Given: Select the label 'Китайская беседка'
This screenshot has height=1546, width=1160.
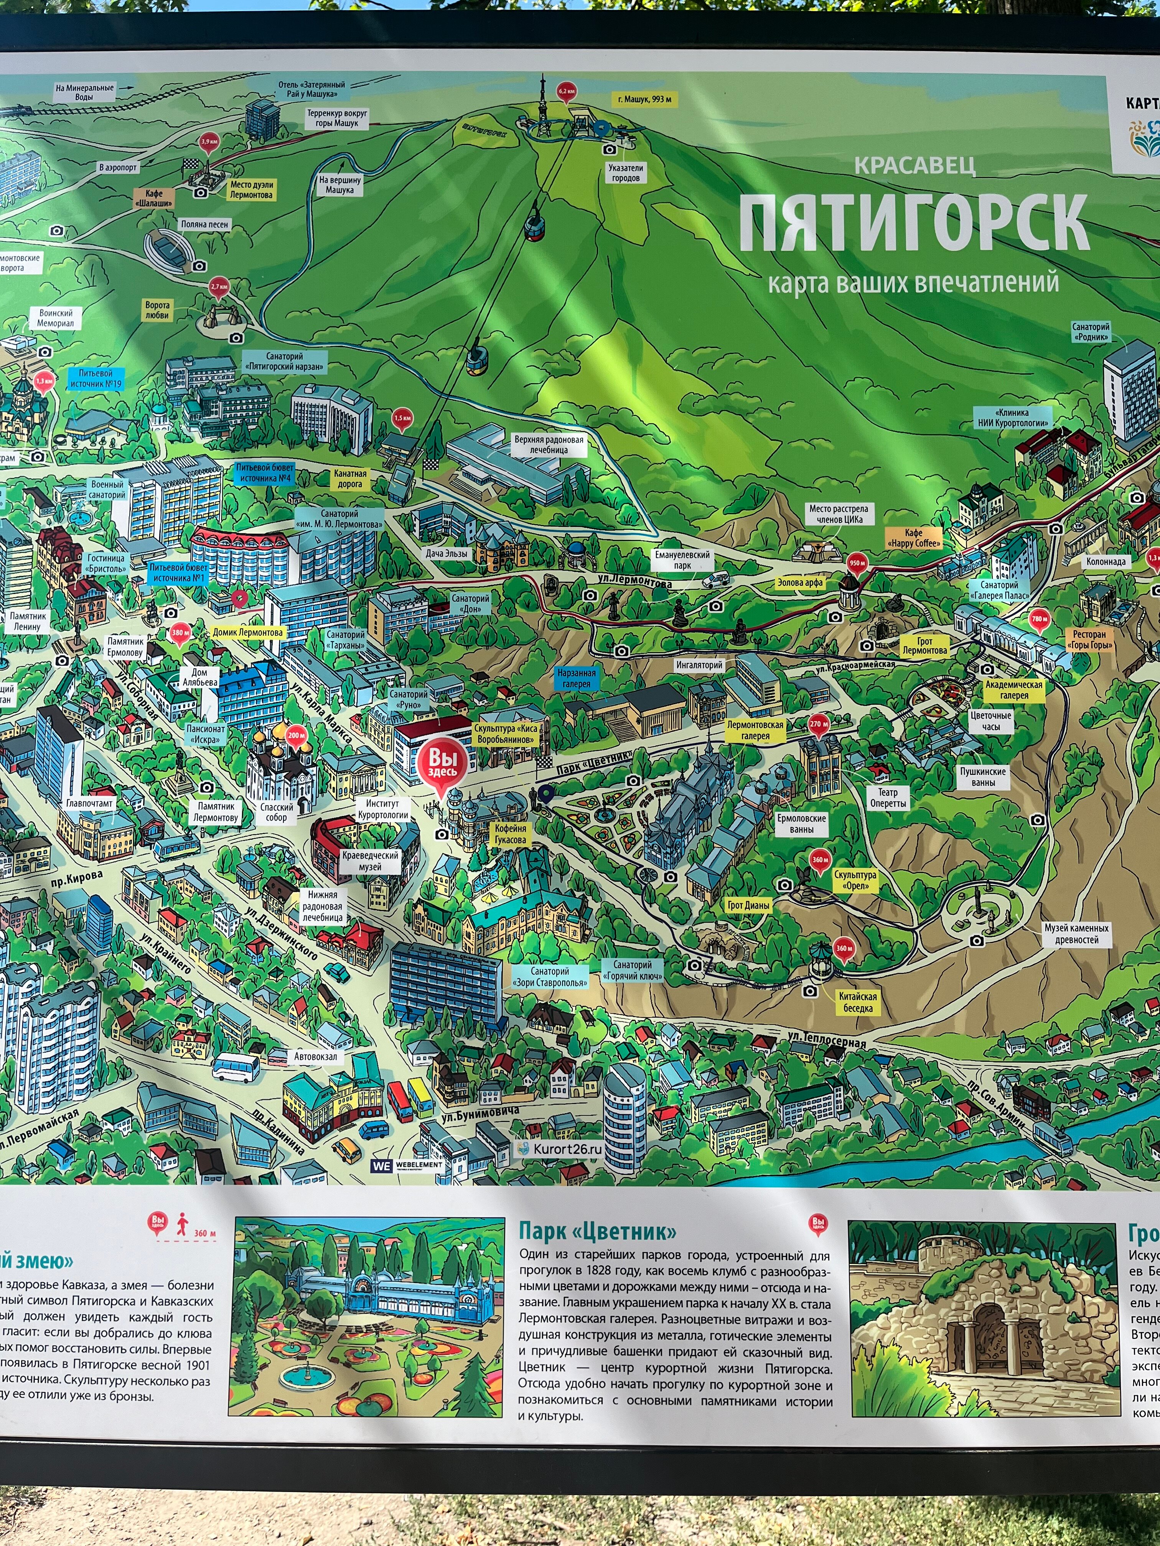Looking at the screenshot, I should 857,1002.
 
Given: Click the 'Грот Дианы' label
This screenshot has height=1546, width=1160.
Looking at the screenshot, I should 748,905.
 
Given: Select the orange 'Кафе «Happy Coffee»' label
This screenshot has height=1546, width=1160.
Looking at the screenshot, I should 913,538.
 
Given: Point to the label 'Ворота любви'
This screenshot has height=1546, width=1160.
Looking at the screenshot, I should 157,309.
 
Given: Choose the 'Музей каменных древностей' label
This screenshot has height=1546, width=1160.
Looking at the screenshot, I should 1076,934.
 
